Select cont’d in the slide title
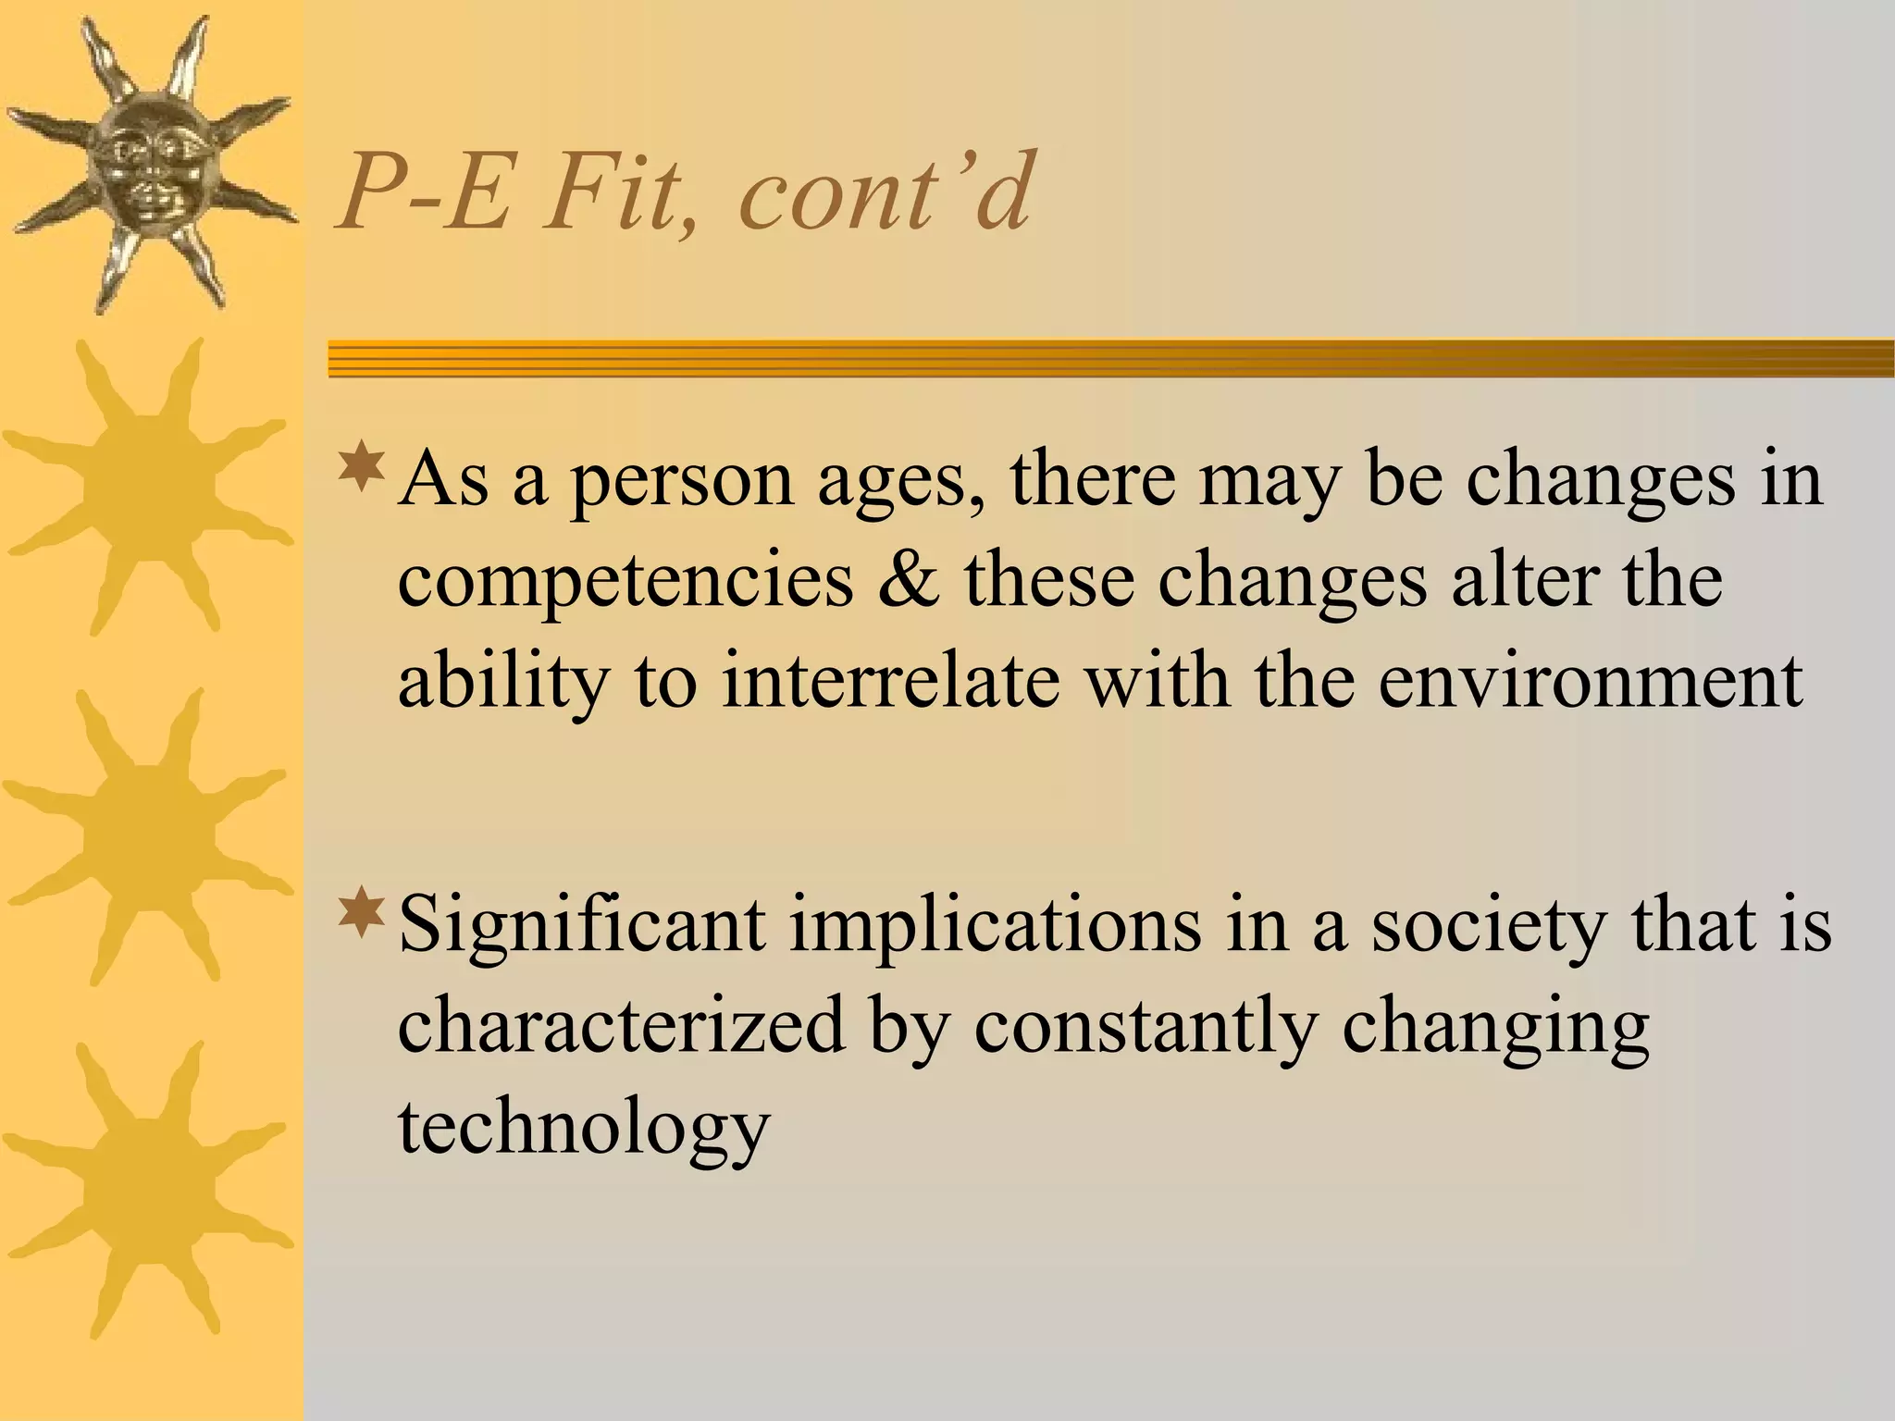(x=884, y=192)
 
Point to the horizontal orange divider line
(x=1110, y=358)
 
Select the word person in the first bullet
(x=681, y=482)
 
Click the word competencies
(x=625, y=580)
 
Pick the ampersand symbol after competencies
(x=908, y=580)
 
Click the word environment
(x=1590, y=682)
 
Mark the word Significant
(x=582, y=928)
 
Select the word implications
(x=995, y=928)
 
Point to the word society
(x=1487, y=928)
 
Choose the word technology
(x=584, y=1128)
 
